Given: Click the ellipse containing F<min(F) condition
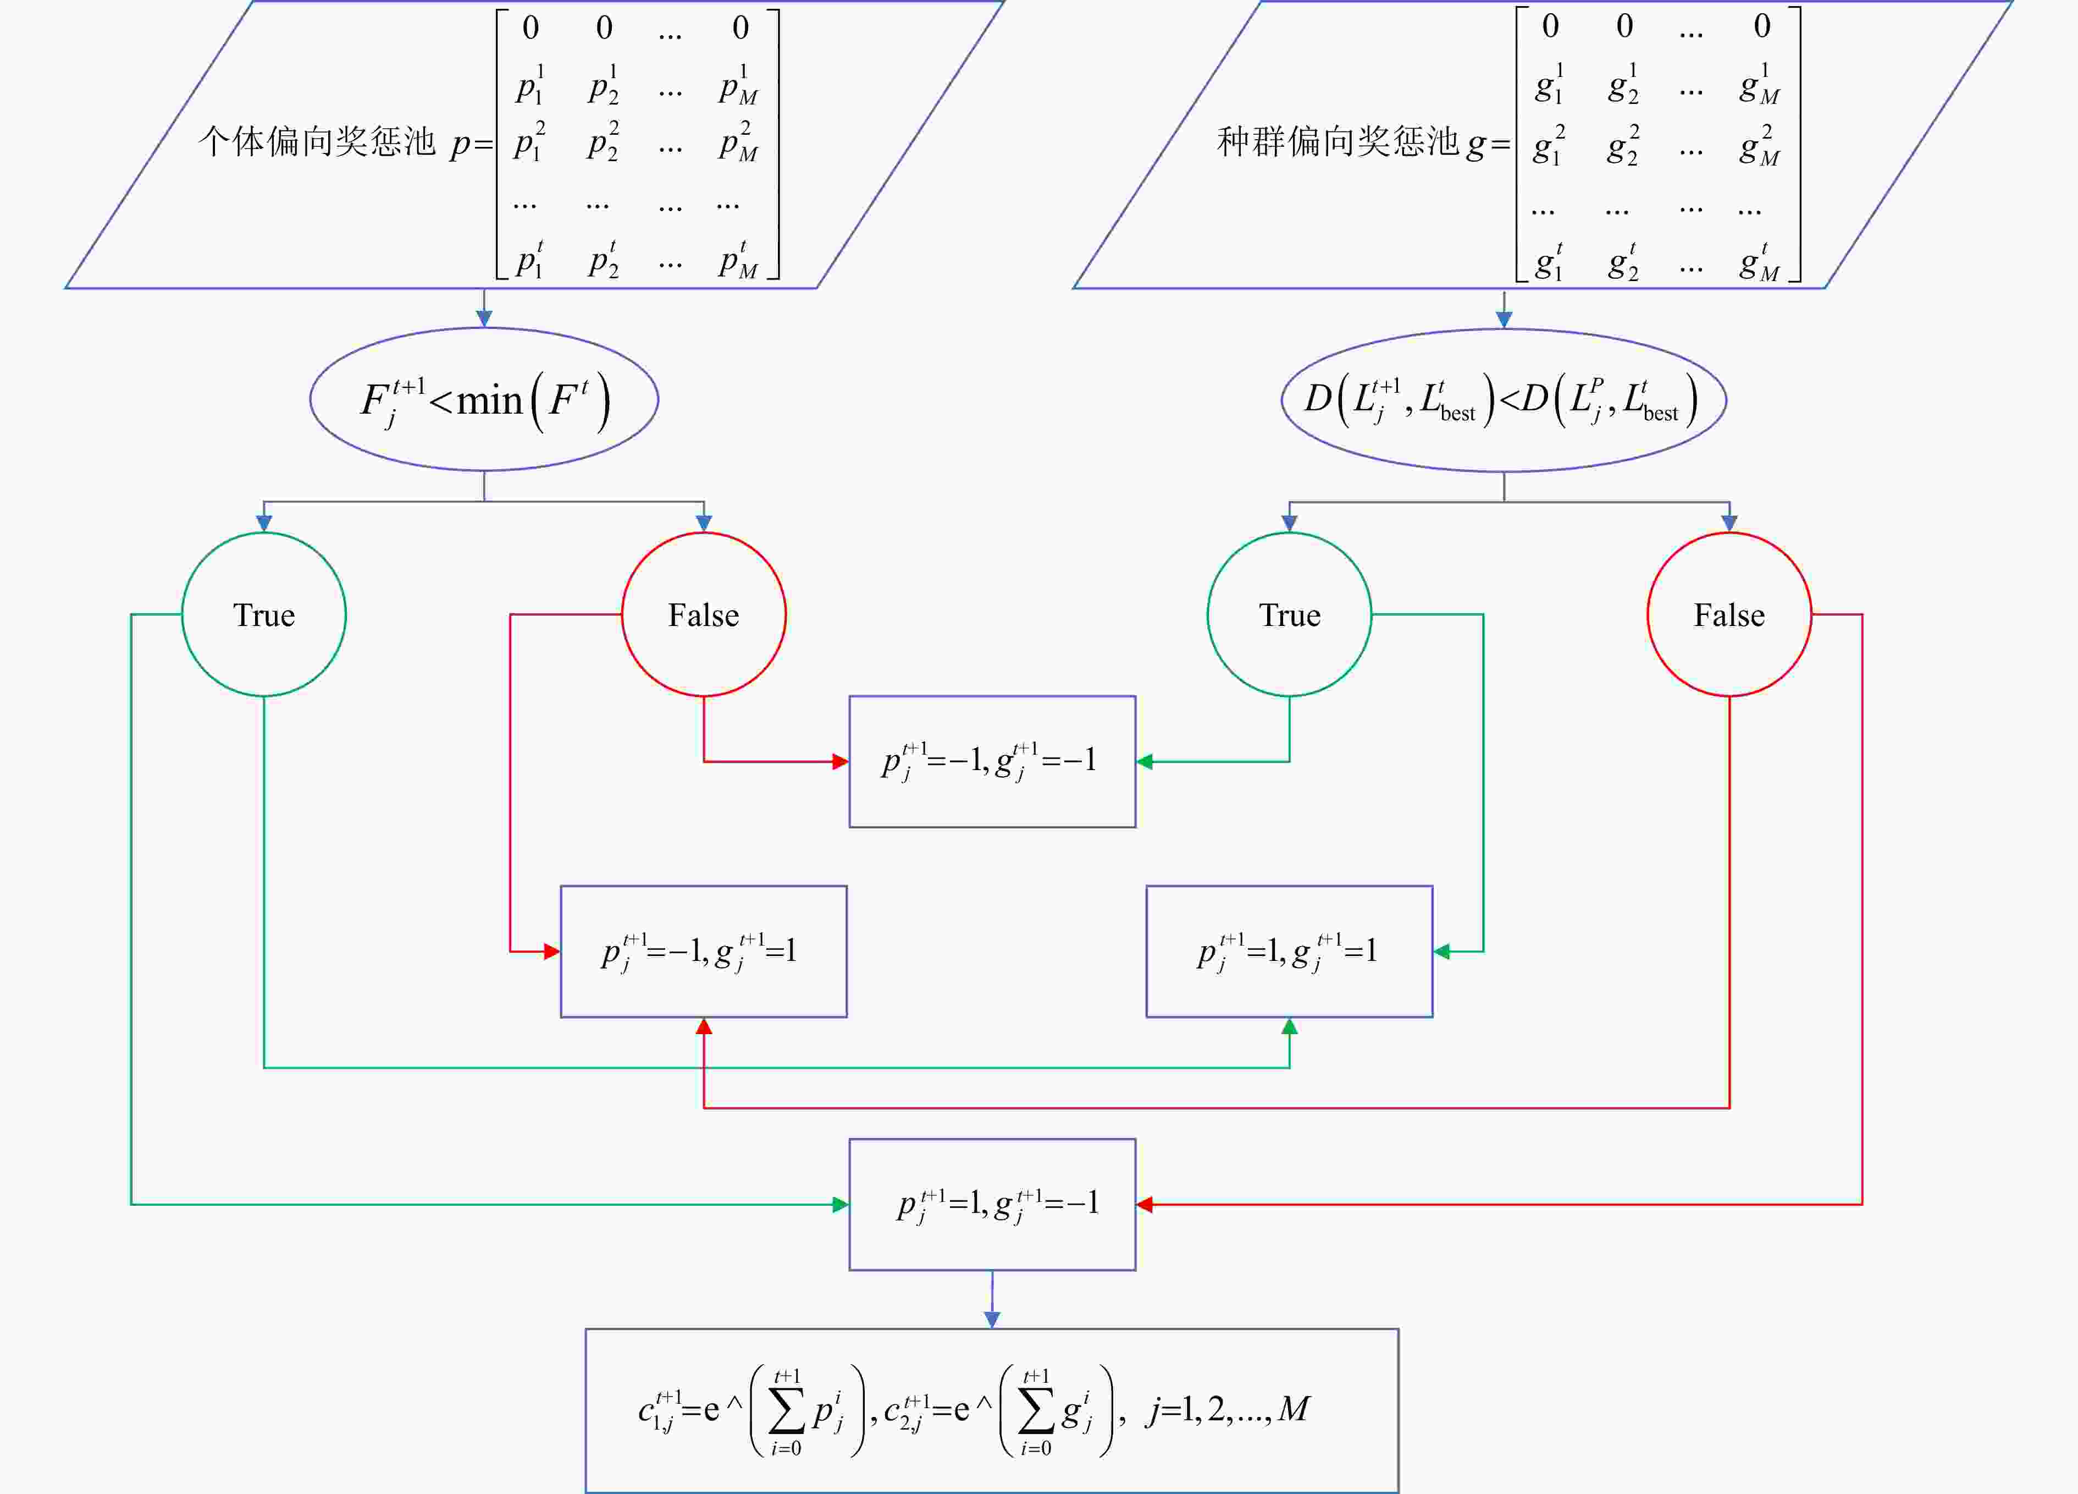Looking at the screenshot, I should coord(484,399).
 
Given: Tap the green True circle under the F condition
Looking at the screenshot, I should coord(264,614).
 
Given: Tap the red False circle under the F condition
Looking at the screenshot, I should coord(704,614).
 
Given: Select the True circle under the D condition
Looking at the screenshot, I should coord(1289,614).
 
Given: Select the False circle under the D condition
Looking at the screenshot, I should coord(1729,614).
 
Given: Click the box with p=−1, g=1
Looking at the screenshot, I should coord(704,952).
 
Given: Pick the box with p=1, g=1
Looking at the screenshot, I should coord(1289,952).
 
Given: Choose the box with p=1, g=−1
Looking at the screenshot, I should coord(992,1204).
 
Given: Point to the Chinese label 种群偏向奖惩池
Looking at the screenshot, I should coord(1338,142).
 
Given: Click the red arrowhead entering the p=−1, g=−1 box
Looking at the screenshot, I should coord(840,762).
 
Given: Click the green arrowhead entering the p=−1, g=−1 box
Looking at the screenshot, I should coord(1145,762).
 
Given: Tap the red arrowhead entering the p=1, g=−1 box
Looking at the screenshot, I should coord(1145,1204).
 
